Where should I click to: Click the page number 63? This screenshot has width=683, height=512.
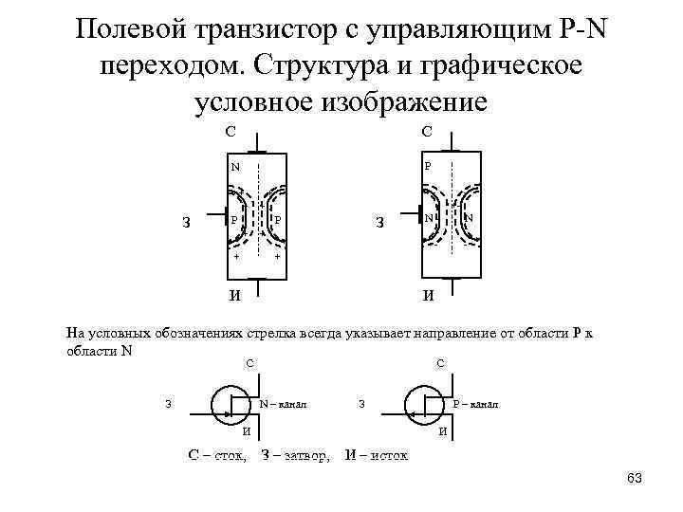(635, 478)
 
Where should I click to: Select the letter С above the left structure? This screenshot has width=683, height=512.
(231, 133)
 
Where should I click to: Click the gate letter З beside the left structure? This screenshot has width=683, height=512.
(187, 225)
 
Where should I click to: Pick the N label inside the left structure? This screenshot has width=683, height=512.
(234, 167)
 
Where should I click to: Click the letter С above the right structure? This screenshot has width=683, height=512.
(427, 133)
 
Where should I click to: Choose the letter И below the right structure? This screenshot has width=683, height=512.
(429, 294)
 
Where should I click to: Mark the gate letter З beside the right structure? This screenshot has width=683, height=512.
(379, 225)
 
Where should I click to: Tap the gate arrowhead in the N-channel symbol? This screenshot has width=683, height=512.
(228, 414)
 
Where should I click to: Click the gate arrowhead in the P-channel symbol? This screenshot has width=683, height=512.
(412, 414)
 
